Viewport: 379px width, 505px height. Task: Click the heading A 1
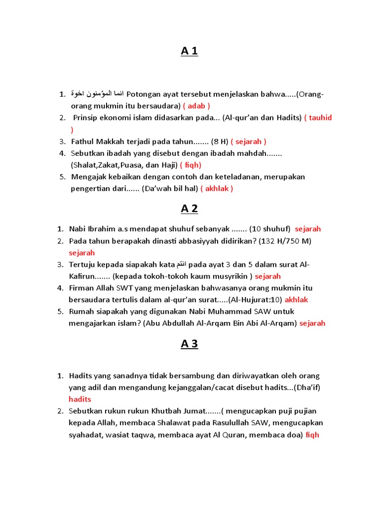[189, 51]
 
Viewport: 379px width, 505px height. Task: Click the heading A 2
[189, 209]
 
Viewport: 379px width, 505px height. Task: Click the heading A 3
[189, 344]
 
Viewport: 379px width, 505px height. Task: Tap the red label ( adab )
[196, 106]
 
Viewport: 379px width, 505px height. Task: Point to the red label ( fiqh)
[190, 165]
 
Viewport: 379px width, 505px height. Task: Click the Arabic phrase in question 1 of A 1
[98, 94]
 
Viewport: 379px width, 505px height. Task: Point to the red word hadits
[80, 399]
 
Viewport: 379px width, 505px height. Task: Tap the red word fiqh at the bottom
[312, 434]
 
